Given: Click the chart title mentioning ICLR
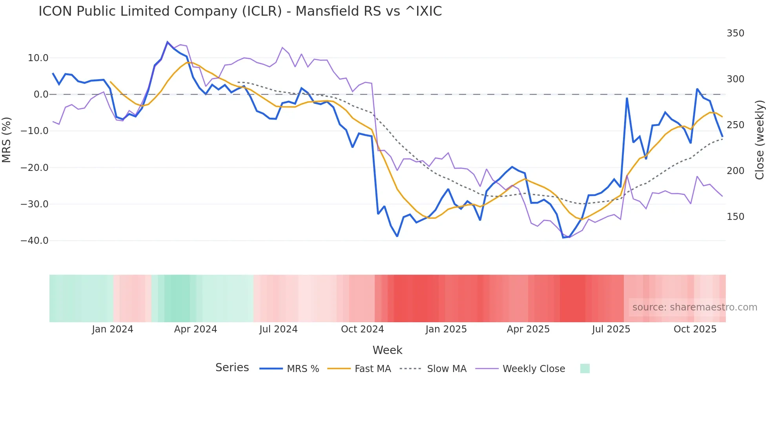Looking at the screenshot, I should pos(240,11).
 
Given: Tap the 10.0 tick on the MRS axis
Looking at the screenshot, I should pos(38,58).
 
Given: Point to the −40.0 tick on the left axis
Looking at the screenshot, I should pos(35,241).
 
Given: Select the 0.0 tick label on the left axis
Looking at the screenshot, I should pos(41,94).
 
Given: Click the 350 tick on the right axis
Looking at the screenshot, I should pos(735,33).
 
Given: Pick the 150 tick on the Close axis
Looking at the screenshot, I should pos(735,217).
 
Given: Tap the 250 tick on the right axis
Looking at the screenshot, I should pos(735,125).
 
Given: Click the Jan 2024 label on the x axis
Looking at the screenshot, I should pos(113,329).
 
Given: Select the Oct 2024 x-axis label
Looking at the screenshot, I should pos(362,329).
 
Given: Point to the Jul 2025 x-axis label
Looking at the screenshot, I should pos(611,329).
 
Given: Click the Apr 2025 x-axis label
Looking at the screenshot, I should pos(528,329).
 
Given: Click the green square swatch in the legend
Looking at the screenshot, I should pos(585,368).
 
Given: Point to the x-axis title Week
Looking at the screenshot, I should pos(387,350).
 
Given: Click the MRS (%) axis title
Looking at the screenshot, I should pos(7,140).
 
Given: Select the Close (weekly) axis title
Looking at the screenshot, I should pos(760,140).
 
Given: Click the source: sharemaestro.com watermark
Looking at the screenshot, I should pos(694,307).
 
